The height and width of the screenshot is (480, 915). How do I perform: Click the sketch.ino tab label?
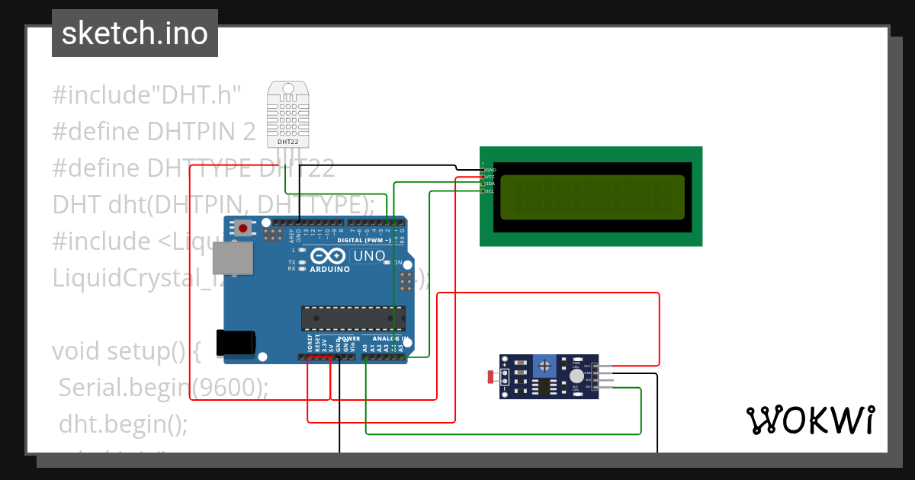pyautogui.click(x=134, y=34)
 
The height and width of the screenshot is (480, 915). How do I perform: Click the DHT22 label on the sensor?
pyautogui.click(x=287, y=142)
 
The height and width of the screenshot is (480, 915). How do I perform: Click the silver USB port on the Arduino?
pyautogui.click(x=233, y=259)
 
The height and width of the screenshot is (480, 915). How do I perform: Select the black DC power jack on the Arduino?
pyautogui.click(x=236, y=343)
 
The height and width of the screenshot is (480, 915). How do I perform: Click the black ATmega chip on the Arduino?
pyautogui.click(x=352, y=318)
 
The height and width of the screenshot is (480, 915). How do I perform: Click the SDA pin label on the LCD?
pyautogui.click(x=490, y=184)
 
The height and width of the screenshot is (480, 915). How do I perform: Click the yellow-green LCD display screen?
pyautogui.click(x=592, y=195)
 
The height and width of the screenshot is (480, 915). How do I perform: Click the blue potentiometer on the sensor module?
pyautogui.click(x=544, y=366)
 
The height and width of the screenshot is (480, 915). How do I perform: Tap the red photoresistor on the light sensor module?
pyautogui.click(x=490, y=376)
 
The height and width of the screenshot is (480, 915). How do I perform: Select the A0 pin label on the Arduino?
pyautogui.click(x=365, y=347)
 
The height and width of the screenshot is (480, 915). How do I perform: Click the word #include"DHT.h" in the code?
pyautogui.click(x=146, y=96)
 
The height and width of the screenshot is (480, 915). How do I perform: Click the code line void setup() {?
pyautogui.click(x=127, y=351)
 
